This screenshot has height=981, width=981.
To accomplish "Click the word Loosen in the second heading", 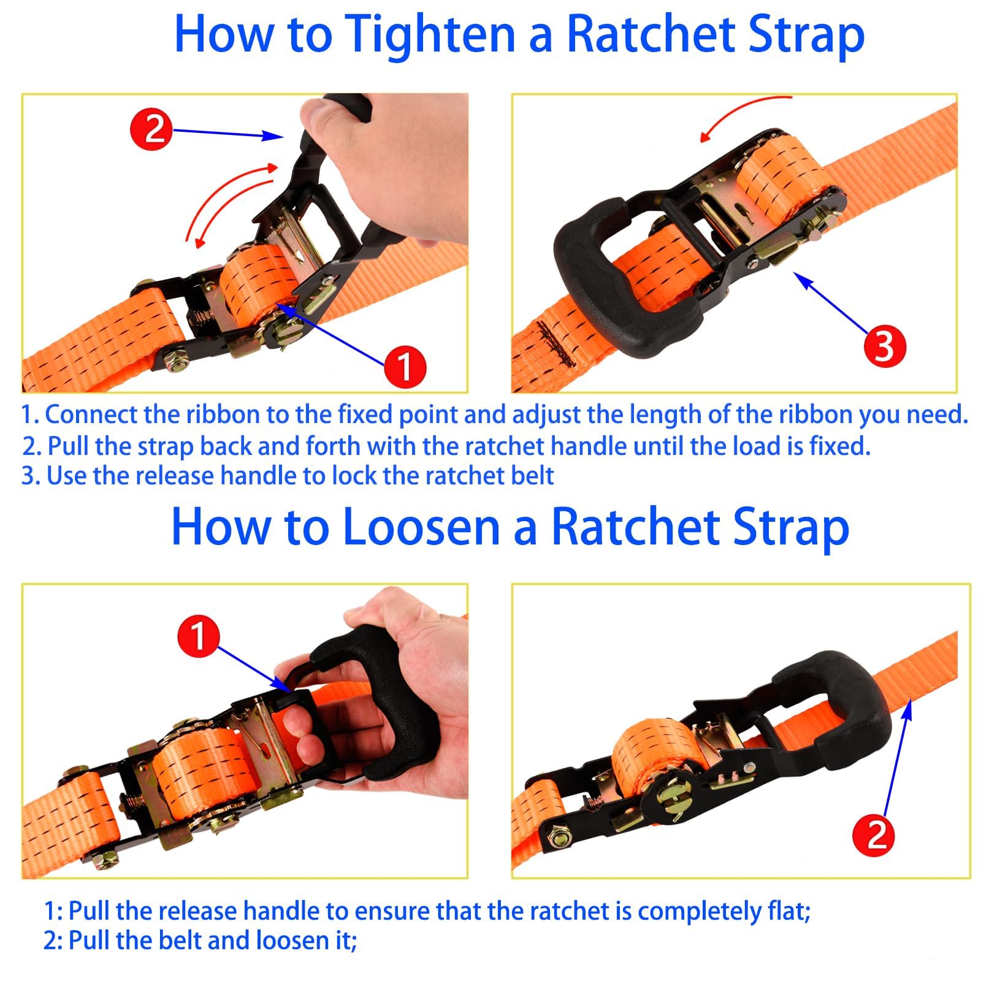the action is [x=421, y=527].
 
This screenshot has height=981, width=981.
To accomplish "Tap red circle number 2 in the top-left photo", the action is [x=151, y=129].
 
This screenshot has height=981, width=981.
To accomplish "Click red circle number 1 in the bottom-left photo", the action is [x=199, y=636].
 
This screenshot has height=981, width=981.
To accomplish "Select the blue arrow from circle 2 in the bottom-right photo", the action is [x=896, y=759].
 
